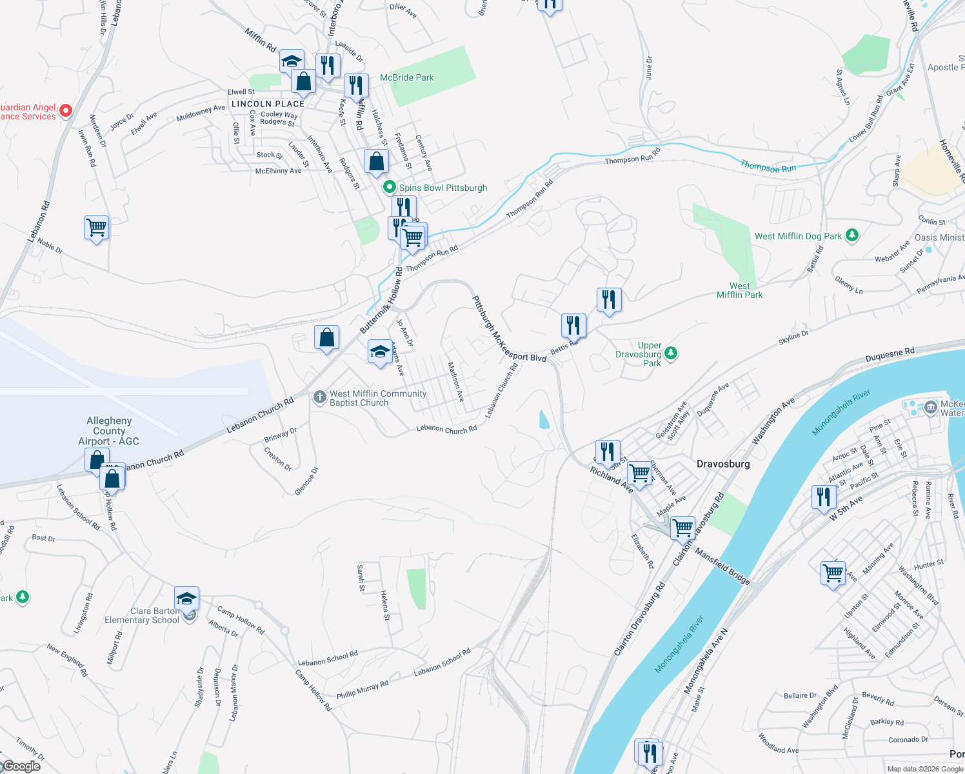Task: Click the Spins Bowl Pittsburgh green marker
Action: [389, 188]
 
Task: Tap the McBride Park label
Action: [406, 77]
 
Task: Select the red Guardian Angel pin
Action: [66, 111]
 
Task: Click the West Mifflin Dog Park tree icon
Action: [852, 235]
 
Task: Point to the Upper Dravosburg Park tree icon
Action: [671, 353]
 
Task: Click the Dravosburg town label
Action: [723, 464]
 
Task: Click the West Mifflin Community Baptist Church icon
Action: [319, 397]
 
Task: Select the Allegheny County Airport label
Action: [108, 431]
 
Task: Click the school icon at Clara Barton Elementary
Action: [186, 599]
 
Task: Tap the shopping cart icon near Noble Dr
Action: [96, 227]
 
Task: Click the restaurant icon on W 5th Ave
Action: [824, 497]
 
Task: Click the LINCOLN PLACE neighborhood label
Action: [268, 104]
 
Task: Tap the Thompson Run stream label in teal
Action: [768, 167]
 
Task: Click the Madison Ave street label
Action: [456, 382]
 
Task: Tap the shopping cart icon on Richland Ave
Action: [640, 473]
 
